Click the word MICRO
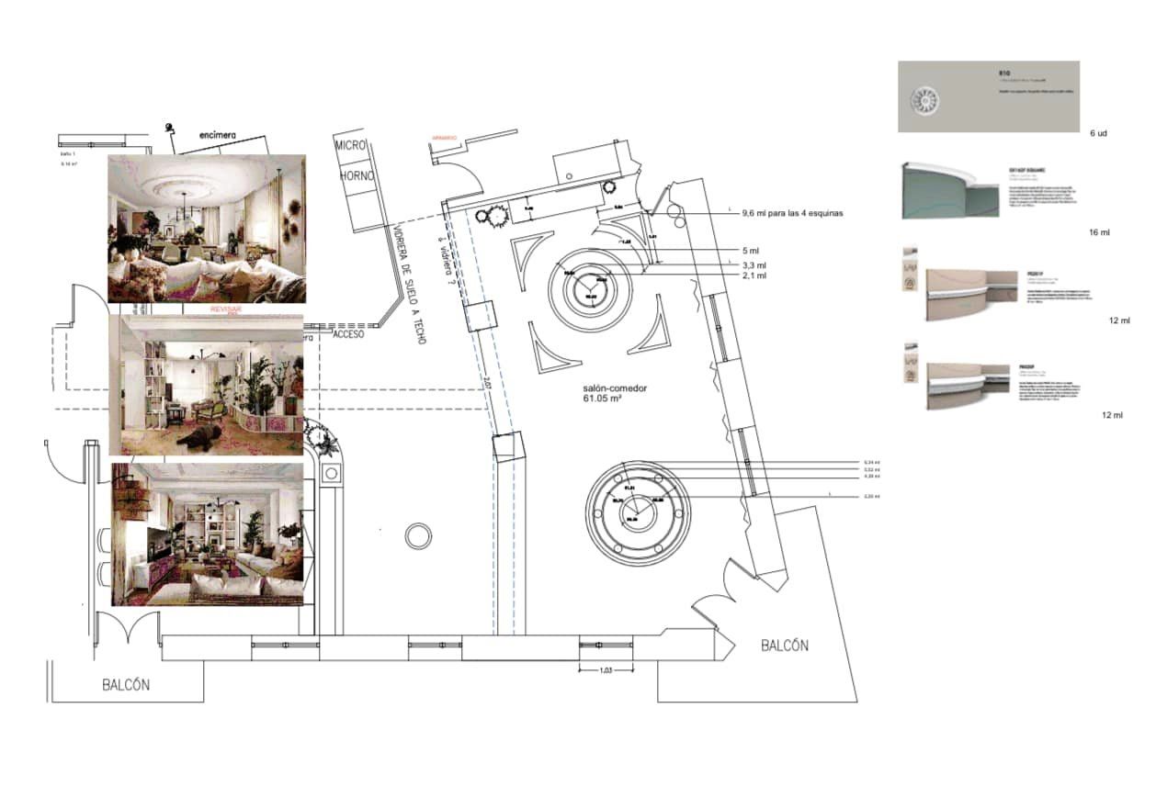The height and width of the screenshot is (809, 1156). [351, 146]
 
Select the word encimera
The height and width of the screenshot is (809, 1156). [218, 135]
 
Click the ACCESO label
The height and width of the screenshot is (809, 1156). [348, 334]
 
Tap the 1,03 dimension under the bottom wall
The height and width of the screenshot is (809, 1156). [606, 669]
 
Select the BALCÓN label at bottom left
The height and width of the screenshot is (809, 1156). [126, 685]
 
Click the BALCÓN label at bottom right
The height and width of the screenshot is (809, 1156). [785, 646]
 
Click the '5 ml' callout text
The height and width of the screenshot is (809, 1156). [751, 250]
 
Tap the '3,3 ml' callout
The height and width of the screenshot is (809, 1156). [754, 264]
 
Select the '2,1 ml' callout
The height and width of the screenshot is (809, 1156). [754, 275]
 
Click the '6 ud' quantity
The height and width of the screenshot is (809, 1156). [1098, 134]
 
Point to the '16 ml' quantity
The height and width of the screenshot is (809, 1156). [1099, 233]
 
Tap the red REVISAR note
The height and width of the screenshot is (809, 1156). [226, 310]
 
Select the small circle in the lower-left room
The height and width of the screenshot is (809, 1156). [418, 535]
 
